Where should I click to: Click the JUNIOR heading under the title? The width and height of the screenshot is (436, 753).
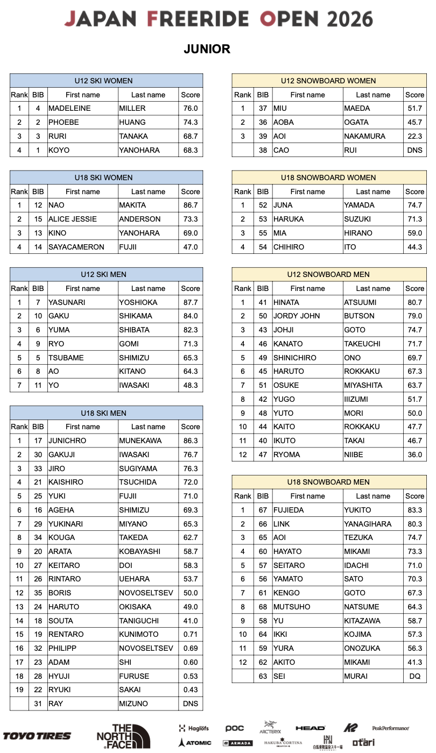[207, 49]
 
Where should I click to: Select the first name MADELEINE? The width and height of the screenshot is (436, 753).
[69, 108]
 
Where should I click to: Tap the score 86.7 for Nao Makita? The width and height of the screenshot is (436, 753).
[191, 205]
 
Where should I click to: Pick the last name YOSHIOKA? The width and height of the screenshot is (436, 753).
[138, 302]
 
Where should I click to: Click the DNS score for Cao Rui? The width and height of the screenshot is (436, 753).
[414, 150]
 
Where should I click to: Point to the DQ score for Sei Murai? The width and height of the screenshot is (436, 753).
[414, 676]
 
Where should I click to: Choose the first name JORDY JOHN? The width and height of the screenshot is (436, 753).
[297, 316]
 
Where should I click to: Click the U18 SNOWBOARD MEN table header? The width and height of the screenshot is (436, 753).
[328, 482]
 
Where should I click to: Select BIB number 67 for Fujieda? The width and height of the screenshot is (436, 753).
[263, 510]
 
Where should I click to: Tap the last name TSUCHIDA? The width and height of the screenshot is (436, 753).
[139, 482]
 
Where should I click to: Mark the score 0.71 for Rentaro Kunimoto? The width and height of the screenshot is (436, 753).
[191, 634]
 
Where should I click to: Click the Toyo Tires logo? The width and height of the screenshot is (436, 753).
[37, 735]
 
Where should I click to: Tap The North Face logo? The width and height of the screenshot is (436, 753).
[123, 736]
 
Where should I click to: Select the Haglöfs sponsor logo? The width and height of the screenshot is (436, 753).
[194, 728]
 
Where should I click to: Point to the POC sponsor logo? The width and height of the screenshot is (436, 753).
[235, 728]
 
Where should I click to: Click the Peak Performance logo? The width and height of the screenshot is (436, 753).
[390, 728]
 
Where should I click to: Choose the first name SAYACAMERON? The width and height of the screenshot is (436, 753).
[76, 247]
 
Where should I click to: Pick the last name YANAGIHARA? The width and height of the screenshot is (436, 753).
[368, 524]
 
